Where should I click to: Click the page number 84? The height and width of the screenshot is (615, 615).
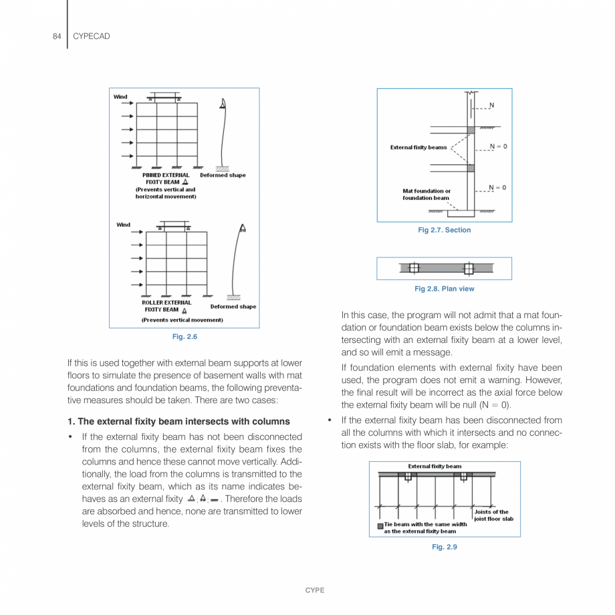pyautogui.click(x=57, y=36)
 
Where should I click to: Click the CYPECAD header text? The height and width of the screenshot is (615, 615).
pyautogui.click(x=91, y=36)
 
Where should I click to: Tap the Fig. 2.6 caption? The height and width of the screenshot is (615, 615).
pyautogui.click(x=184, y=337)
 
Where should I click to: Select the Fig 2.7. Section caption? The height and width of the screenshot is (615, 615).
pyautogui.click(x=444, y=230)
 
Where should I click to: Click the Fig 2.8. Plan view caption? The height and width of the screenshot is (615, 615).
pyautogui.click(x=444, y=289)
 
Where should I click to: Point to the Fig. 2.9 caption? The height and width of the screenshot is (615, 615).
pyautogui.click(x=444, y=547)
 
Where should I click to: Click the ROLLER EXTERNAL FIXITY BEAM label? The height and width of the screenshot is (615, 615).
pyautogui.click(x=166, y=306)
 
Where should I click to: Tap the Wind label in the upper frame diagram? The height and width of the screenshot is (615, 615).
pyautogui.click(x=120, y=97)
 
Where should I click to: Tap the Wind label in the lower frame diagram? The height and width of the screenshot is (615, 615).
pyautogui.click(x=124, y=225)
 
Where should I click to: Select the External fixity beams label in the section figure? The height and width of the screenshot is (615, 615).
pyautogui.click(x=418, y=147)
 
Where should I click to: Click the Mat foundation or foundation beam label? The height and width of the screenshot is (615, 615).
pyautogui.click(x=426, y=195)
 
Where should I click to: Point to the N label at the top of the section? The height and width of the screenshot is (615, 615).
pyautogui.click(x=492, y=106)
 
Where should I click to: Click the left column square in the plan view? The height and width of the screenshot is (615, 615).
pyautogui.click(x=414, y=268)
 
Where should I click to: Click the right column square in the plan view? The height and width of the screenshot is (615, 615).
pyautogui.click(x=468, y=268)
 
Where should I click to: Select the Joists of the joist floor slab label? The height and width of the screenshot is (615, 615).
pyautogui.click(x=493, y=515)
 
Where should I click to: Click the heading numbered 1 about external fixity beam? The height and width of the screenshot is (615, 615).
pyautogui.click(x=178, y=421)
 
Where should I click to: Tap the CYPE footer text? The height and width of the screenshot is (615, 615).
pyautogui.click(x=314, y=590)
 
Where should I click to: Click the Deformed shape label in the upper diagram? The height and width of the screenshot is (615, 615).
pyautogui.click(x=223, y=175)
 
